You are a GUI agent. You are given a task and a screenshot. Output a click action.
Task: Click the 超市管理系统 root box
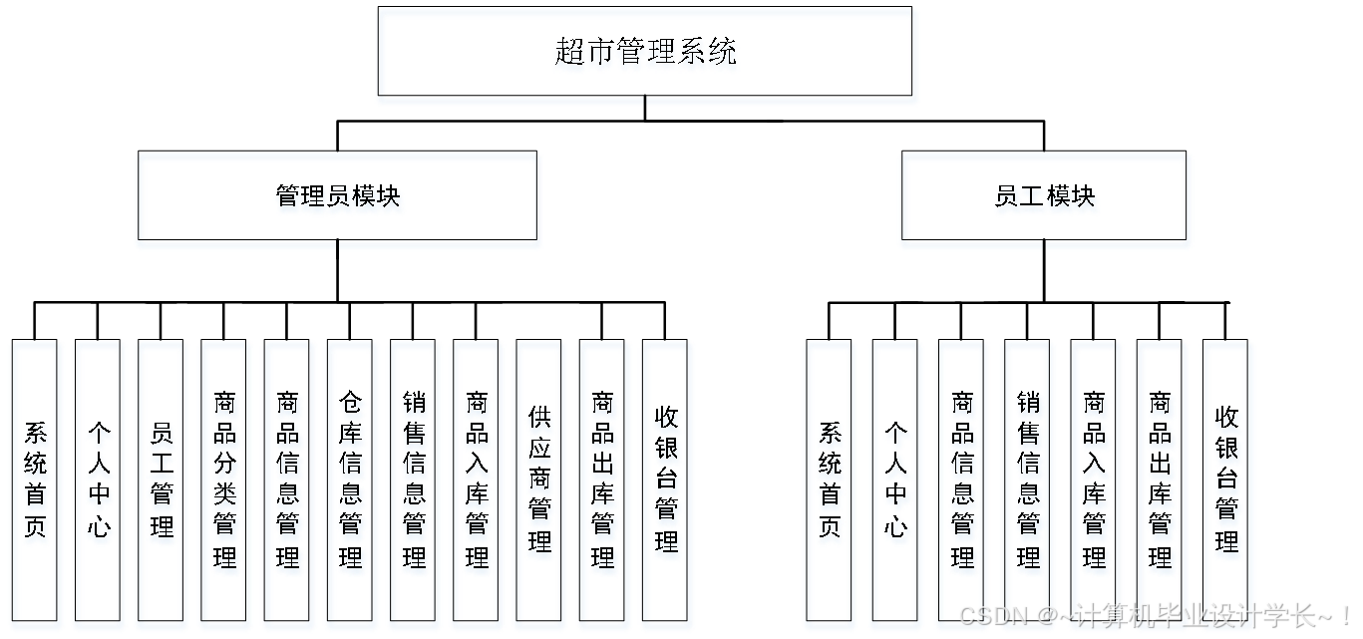(x=647, y=56)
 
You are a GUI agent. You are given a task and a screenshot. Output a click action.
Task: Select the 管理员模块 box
(x=339, y=199)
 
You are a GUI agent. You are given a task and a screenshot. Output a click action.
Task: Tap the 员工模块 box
(x=1045, y=199)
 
